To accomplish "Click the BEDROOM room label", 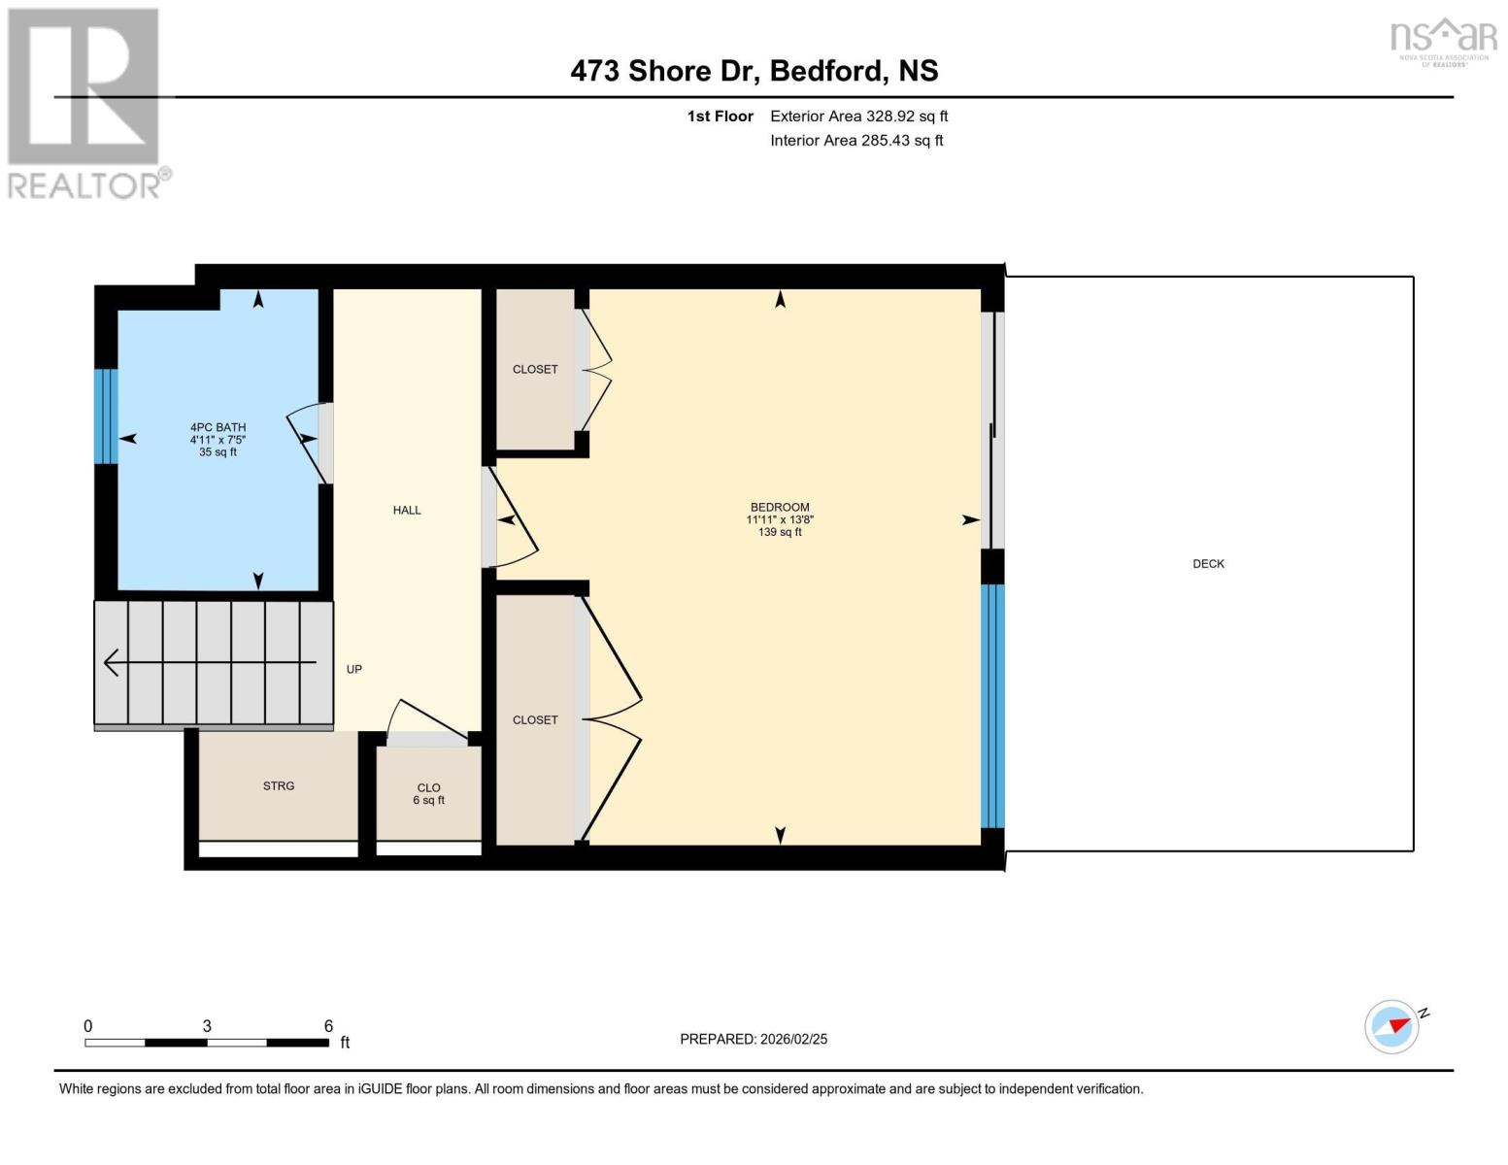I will tap(780, 508).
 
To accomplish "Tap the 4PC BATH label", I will tap(218, 428).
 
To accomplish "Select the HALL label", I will tap(407, 511).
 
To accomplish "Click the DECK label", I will tap(1208, 564).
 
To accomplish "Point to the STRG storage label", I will tap(279, 786).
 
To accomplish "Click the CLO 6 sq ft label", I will tap(428, 794).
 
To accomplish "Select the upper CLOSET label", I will tap(535, 370).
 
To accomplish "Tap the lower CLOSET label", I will tap(535, 720).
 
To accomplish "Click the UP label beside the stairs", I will tap(354, 670).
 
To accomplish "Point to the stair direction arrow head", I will tap(110, 663).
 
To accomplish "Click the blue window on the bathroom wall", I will tap(106, 416).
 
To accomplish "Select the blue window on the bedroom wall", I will tap(991, 705).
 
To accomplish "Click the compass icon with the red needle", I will tap(1392, 1026).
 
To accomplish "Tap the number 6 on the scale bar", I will tap(328, 1026).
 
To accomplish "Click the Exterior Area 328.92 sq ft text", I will tap(858, 116).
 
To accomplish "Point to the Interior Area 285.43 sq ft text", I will tap(856, 141).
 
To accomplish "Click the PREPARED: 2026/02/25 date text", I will tap(754, 1040).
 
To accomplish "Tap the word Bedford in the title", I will tap(826, 71).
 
